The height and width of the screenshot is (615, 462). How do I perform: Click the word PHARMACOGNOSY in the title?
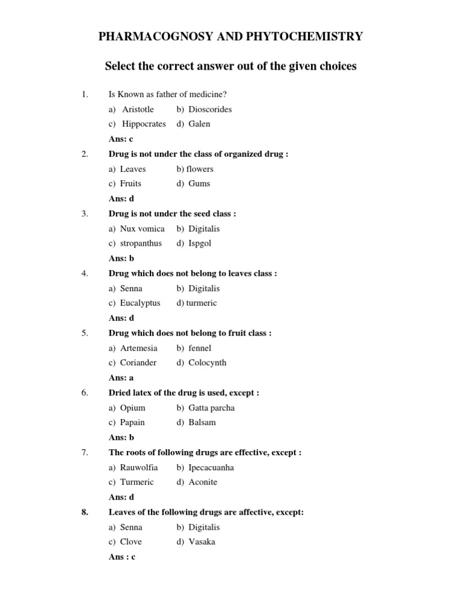pos(150,37)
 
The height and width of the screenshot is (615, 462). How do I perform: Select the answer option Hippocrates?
pos(143,124)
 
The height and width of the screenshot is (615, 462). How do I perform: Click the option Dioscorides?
pos(209,109)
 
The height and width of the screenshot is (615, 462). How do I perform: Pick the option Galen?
pos(199,124)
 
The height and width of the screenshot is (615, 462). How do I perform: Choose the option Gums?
pos(199,184)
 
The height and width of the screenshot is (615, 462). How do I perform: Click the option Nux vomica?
pos(142,229)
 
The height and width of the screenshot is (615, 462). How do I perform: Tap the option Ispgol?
pos(200,243)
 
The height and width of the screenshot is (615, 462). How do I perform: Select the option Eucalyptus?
pos(140,303)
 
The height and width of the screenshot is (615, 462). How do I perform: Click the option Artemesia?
pos(138,348)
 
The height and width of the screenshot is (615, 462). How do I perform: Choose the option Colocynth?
pos(207,363)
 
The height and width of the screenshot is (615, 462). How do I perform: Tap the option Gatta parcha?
pos(211,408)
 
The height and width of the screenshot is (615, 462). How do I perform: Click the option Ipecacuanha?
pos(211,467)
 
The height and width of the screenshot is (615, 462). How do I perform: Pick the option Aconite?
pos(203,482)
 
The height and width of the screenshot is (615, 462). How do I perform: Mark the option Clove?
pos(131,542)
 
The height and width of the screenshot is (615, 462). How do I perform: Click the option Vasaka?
pos(202,542)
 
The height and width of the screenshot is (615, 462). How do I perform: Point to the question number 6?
pos(85,393)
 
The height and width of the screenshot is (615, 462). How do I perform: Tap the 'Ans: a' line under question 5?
pos(121,378)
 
